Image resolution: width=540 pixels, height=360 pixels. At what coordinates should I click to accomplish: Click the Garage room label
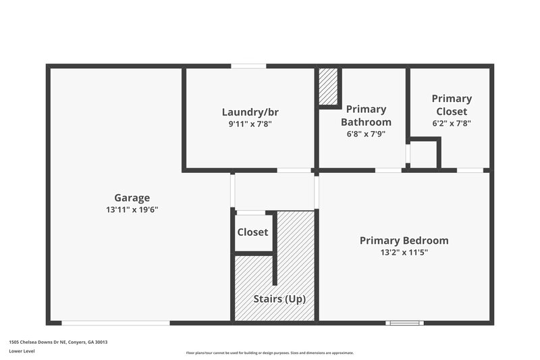[132, 198]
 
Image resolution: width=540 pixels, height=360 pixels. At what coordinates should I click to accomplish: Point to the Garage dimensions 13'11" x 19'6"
[132, 209]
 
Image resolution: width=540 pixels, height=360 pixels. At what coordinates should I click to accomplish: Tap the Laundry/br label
[250, 112]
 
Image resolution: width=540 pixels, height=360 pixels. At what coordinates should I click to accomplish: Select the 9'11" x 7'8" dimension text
[250, 124]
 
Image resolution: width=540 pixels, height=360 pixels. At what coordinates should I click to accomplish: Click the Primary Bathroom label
[366, 115]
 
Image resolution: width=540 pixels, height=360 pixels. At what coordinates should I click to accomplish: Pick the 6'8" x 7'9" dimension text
[366, 134]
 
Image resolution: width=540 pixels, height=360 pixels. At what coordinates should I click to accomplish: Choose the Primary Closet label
[452, 105]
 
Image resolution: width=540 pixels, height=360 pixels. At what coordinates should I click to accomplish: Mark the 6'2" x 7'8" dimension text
[452, 124]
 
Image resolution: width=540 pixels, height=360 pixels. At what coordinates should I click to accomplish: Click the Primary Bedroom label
[404, 240]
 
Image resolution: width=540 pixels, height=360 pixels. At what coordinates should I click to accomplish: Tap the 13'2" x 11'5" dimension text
[404, 253]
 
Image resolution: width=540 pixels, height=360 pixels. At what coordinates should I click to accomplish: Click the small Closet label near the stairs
[252, 232]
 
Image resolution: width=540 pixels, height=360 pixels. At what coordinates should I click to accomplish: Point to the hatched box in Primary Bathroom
[329, 86]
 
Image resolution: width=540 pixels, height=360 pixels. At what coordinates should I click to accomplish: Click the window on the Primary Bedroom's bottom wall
[404, 323]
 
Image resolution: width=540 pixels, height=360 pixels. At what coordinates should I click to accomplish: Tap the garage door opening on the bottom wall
[115, 323]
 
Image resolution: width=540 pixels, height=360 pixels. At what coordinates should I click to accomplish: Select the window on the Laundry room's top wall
[248, 66]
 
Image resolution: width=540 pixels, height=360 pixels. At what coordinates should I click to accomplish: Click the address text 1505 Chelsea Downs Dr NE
[58, 342]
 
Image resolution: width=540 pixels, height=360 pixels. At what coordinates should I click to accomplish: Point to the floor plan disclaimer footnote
[269, 353]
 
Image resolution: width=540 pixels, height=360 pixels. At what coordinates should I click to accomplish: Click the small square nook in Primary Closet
[424, 154]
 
